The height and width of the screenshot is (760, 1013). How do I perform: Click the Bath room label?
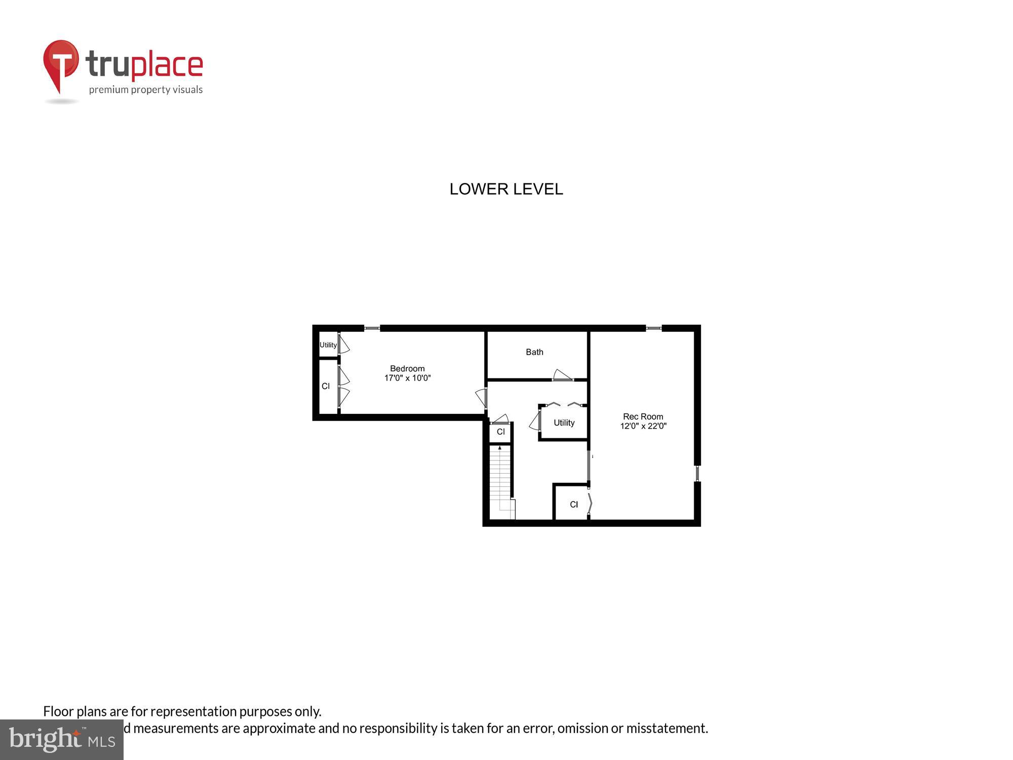[534, 352]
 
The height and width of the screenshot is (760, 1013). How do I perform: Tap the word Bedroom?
[407, 369]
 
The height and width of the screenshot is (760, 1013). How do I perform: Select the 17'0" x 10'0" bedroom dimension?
[407, 378]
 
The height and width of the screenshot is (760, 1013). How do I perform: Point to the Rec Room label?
[643, 417]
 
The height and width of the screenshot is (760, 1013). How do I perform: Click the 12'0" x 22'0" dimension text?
[643, 426]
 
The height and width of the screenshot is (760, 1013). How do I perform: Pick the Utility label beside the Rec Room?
[564, 423]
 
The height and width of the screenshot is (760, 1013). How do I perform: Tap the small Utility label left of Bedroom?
[328, 345]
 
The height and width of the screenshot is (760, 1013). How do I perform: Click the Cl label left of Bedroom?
[326, 386]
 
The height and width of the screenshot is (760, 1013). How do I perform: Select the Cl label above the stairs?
[500, 432]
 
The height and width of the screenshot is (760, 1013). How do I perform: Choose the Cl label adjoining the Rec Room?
[573, 505]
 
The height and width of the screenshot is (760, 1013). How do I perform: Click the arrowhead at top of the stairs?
[500, 448]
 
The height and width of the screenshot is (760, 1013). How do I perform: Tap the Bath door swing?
[562, 375]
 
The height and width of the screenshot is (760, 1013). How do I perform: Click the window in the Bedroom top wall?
[372, 328]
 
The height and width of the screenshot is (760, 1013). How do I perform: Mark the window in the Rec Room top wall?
[653, 328]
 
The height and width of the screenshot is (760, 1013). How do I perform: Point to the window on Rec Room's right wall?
[697, 474]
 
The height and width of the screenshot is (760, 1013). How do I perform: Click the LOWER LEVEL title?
[506, 189]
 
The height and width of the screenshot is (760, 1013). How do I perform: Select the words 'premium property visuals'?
[146, 90]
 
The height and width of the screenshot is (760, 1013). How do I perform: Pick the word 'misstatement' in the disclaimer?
[667, 728]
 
